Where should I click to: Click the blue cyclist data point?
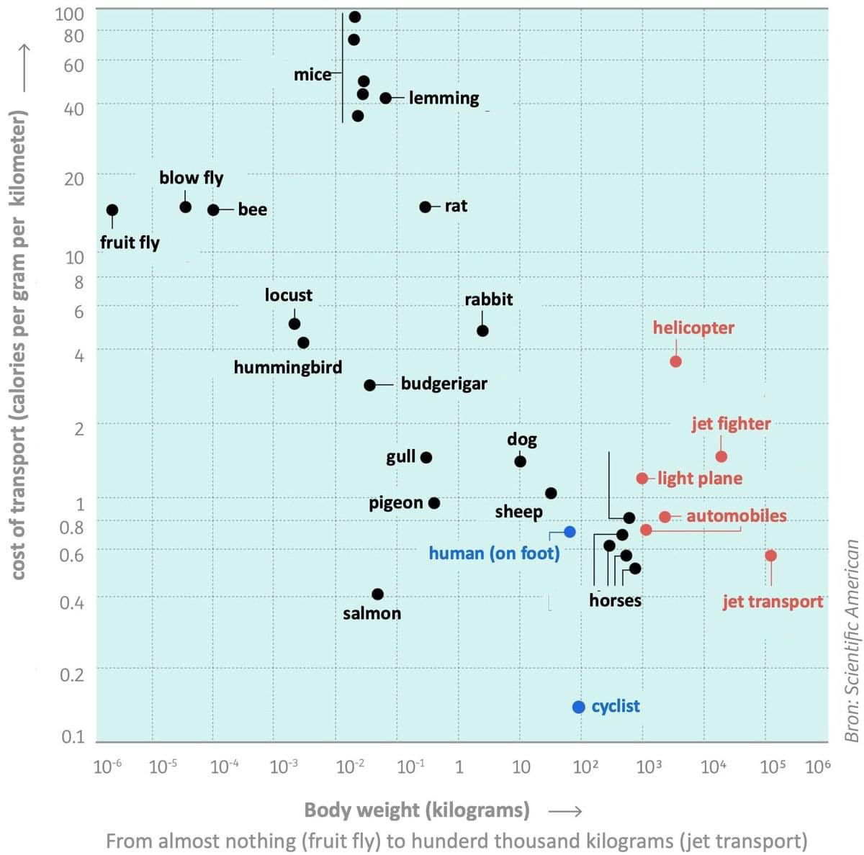pyautogui.click(x=579, y=707)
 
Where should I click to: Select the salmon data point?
pyautogui.click(x=377, y=594)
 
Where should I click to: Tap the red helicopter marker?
pyautogui.click(x=675, y=361)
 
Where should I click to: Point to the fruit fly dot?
pyautogui.click(x=112, y=210)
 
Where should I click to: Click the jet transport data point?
pyautogui.click(x=770, y=556)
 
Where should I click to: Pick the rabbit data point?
pyautogui.click(x=482, y=330)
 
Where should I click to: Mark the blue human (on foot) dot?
pyautogui.click(x=570, y=531)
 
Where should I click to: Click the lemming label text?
pyautogui.click(x=444, y=98)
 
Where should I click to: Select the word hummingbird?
pyautogui.click(x=288, y=367)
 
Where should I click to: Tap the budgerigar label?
pyautogui.click(x=444, y=384)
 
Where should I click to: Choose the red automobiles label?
pyautogui.click(x=736, y=516)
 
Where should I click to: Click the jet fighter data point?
pyautogui.click(x=721, y=456)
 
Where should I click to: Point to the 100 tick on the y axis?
pyautogui.click(x=70, y=14)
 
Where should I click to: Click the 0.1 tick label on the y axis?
pyautogui.click(x=72, y=737)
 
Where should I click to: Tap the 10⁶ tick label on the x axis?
pyautogui.click(x=818, y=766)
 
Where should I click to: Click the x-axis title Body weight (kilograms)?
pyautogui.click(x=417, y=810)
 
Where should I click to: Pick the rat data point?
pyautogui.click(x=426, y=207)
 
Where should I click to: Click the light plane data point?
pyautogui.click(x=642, y=478)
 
